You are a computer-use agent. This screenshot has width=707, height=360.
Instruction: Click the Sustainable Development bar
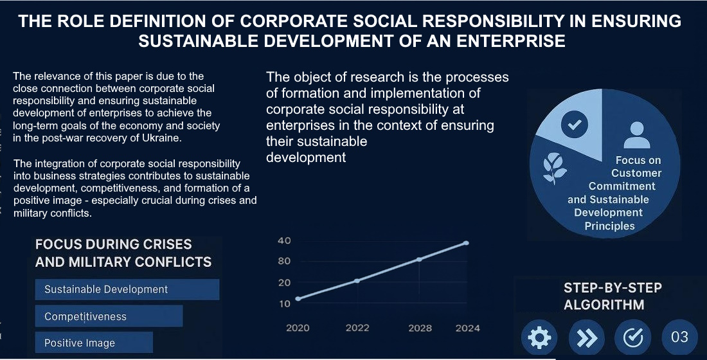click(127, 289)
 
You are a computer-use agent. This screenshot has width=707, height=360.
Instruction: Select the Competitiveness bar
click(109, 316)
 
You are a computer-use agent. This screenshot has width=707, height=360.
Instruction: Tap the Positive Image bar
click(94, 343)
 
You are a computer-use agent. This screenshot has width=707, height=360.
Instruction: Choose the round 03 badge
click(679, 337)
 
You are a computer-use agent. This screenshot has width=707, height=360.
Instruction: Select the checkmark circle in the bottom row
click(633, 337)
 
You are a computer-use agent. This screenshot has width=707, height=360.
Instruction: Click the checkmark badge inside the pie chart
click(574, 125)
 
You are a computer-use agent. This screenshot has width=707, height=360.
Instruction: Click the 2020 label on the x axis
click(298, 328)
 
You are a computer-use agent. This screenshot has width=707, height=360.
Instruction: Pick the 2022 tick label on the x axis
click(357, 328)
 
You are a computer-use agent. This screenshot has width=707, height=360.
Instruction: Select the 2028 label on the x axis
click(420, 328)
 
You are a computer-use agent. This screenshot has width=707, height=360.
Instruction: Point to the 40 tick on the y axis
click(284, 240)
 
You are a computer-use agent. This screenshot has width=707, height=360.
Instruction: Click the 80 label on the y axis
click(284, 261)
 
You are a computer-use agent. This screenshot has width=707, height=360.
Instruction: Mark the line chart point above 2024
click(466, 243)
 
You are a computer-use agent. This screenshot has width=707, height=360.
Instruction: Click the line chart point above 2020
click(298, 299)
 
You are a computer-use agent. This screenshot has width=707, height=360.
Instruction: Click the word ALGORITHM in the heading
click(604, 305)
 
